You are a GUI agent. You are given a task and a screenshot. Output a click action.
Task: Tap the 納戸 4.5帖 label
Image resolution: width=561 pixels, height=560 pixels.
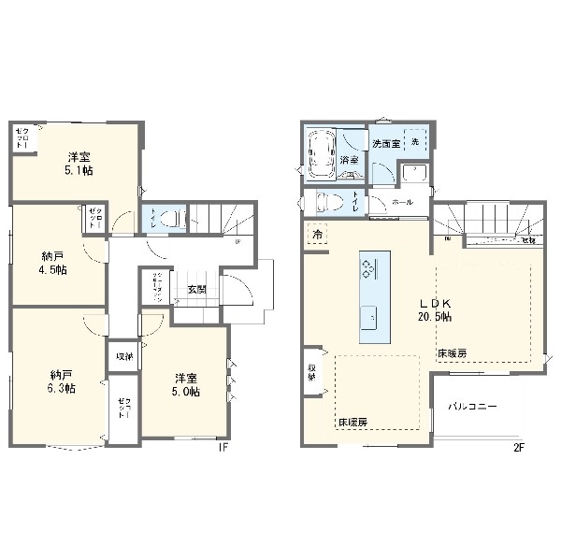(x=54, y=263)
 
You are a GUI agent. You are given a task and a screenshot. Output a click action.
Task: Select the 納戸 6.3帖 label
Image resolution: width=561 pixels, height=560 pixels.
(x=63, y=381)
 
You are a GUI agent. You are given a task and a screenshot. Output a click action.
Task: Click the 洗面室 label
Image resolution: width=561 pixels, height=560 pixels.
(x=385, y=145)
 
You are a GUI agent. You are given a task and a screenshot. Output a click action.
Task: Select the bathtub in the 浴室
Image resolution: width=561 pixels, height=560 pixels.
(x=322, y=153)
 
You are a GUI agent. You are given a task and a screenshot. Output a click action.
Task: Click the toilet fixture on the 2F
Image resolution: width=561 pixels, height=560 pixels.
(x=330, y=202)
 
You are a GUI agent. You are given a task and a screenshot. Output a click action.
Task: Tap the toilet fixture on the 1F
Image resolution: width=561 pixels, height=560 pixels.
(x=168, y=219)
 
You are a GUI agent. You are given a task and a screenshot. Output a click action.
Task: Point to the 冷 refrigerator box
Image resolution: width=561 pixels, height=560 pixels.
(x=318, y=234)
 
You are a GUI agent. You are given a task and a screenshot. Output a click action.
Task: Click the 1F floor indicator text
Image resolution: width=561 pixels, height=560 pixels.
(x=223, y=447)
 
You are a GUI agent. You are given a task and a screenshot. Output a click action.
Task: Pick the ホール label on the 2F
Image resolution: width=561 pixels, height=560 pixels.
(x=403, y=202)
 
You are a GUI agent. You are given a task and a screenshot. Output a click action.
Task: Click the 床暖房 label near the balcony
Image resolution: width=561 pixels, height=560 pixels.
(x=451, y=353)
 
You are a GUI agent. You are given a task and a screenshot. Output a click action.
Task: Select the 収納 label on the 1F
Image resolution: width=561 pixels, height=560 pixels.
(x=124, y=357)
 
